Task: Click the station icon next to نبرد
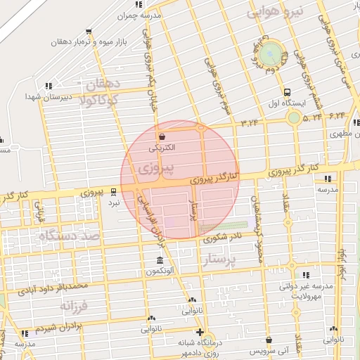(114, 191)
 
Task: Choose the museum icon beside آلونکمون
(162, 261)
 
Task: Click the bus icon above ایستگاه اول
(287, 92)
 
